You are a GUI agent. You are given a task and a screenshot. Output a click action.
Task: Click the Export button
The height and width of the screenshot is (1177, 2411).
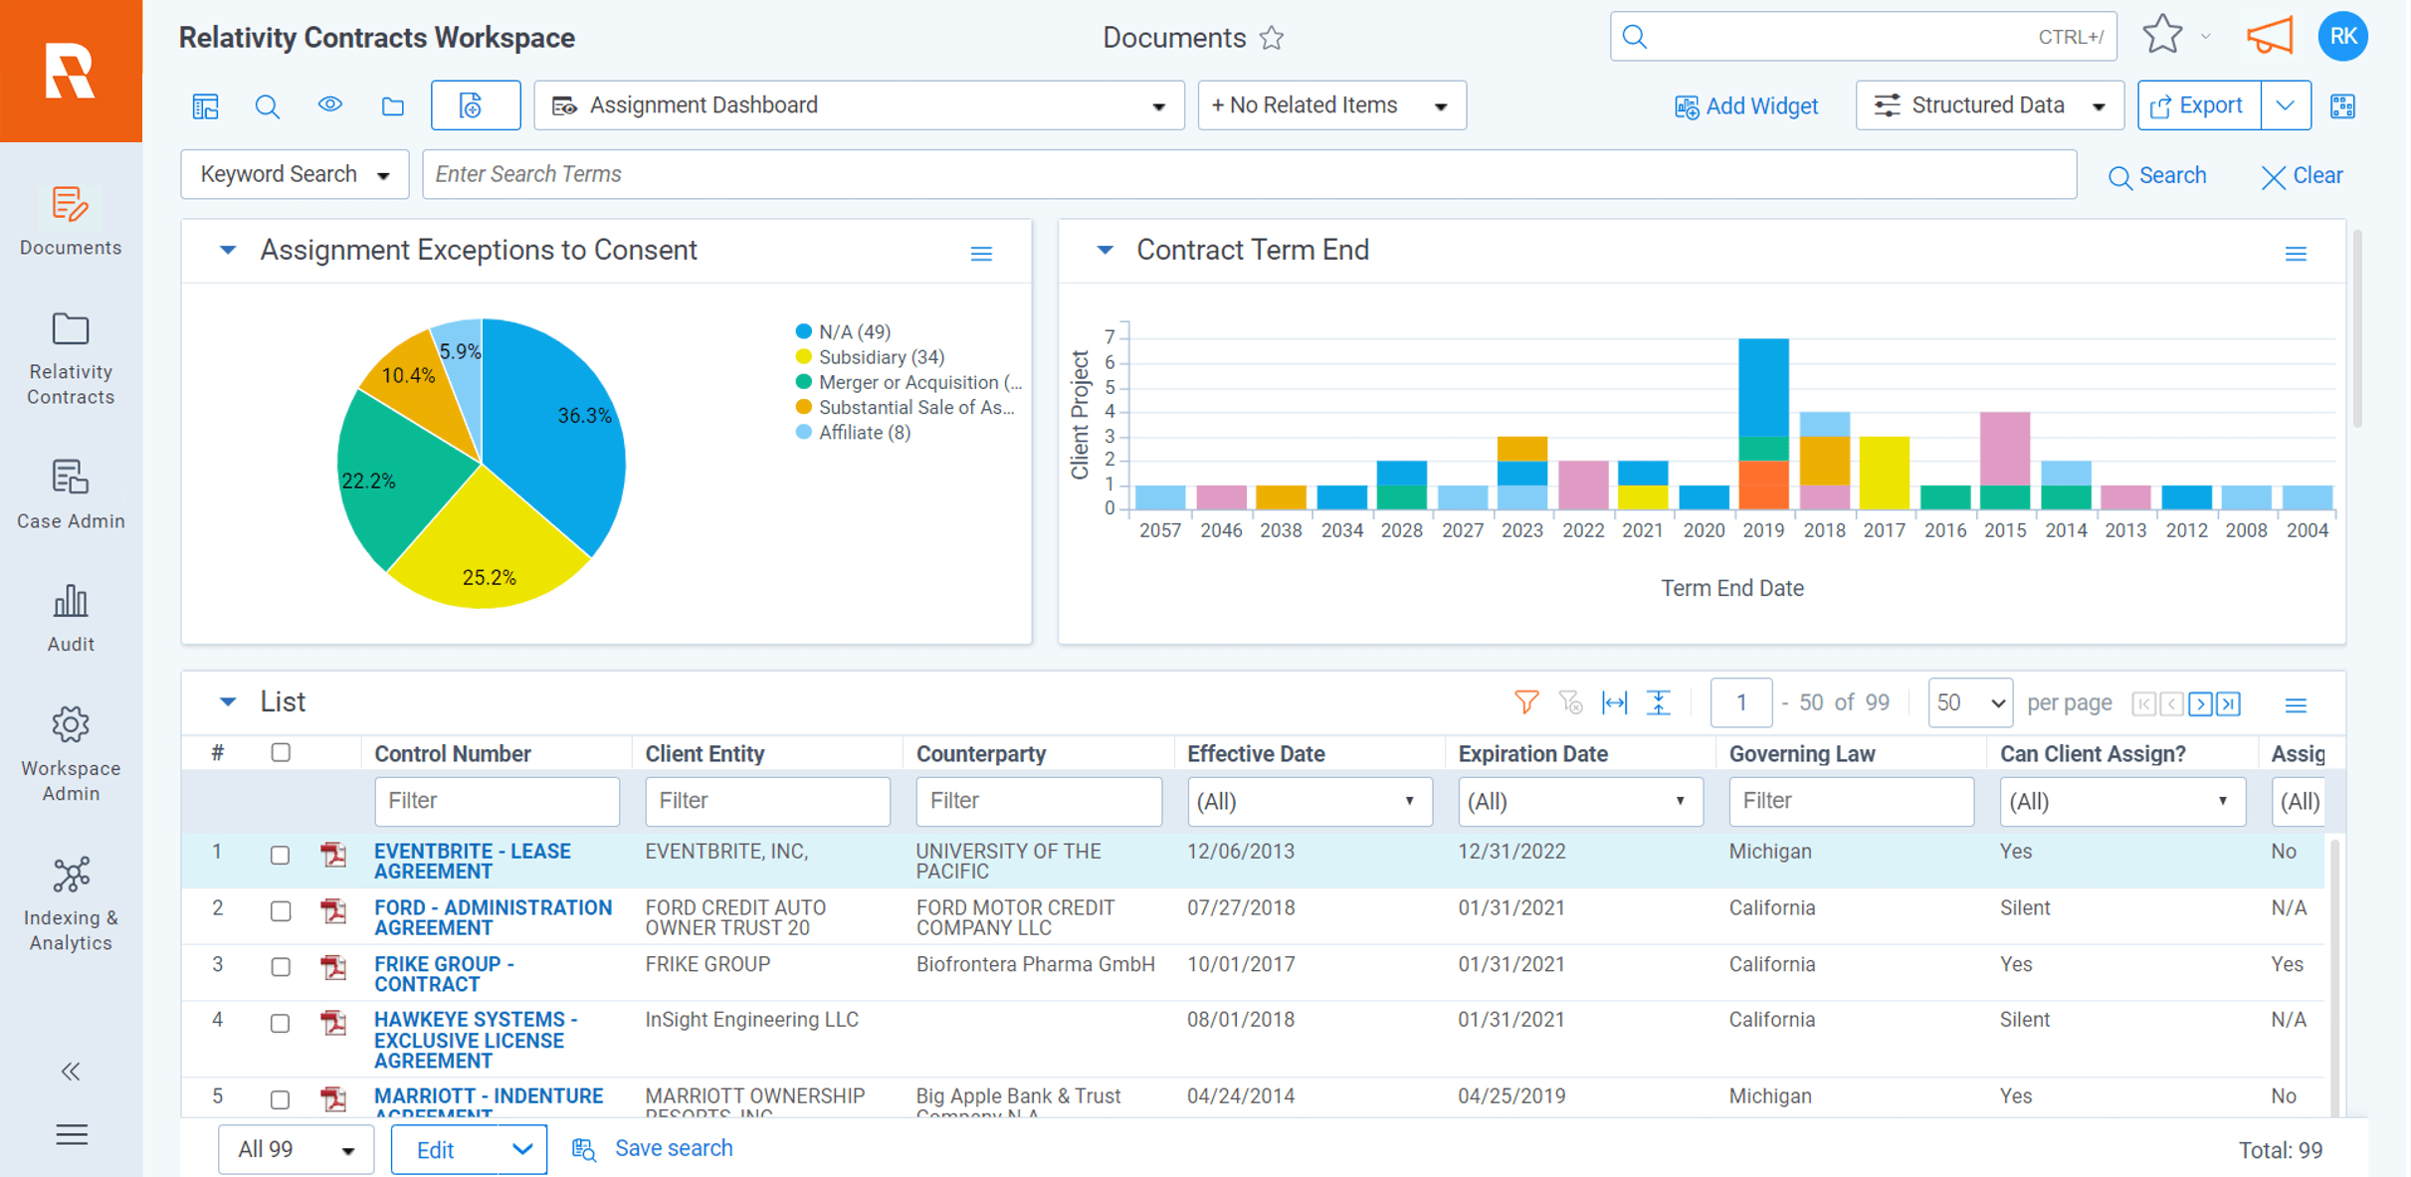coord(2198,105)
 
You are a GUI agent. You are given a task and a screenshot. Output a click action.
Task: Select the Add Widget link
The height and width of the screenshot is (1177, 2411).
coord(1746,106)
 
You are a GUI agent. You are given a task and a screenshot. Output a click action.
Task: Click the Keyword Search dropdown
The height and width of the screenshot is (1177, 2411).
coord(295,174)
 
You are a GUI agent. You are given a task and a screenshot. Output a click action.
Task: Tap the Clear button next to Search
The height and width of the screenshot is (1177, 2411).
coord(2302,176)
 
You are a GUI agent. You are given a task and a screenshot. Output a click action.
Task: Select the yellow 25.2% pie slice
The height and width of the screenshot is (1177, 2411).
coord(488,557)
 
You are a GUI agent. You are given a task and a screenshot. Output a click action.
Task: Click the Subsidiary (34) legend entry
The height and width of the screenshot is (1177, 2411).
coord(880,357)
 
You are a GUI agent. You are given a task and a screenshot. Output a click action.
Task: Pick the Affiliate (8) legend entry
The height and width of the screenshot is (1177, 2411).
coord(863,433)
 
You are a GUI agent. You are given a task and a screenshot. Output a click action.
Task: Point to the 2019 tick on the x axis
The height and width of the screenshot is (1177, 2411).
coord(1763,530)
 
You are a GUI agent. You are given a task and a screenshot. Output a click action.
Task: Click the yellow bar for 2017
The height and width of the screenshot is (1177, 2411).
coord(1884,473)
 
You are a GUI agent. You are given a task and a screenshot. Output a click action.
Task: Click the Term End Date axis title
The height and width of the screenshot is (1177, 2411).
coord(1731,588)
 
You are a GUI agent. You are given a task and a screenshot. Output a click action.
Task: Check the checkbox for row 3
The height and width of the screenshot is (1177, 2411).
coord(281,966)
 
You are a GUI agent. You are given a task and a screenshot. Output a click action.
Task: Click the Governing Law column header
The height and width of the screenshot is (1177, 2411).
coord(1801,754)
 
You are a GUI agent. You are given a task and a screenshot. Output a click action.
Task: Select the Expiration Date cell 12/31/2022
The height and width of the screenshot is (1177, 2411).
coord(1511,852)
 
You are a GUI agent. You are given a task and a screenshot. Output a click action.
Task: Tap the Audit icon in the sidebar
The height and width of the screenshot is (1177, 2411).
coord(71,602)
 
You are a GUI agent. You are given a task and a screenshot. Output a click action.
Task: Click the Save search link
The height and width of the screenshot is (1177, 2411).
coord(673,1148)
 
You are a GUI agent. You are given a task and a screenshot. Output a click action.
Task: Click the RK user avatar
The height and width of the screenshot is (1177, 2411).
coord(2342,37)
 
